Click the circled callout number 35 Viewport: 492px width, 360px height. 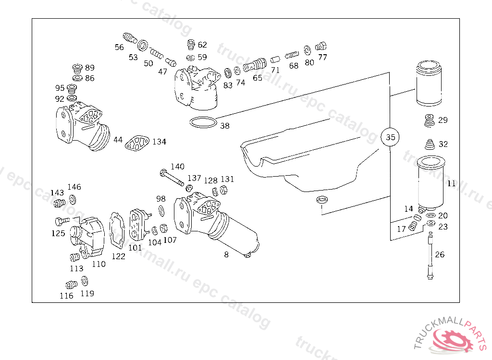pos(390,137)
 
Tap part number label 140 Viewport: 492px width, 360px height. pos(177,167)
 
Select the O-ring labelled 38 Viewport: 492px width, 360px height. pos(203,122)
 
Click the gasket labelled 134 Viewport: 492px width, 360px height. pos(137,144)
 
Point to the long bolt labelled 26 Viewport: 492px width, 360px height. pos(430,255)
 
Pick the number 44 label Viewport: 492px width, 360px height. pos(118,140)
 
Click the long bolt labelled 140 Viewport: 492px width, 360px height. pos(172,178)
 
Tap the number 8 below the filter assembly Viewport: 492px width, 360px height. pos(226,254)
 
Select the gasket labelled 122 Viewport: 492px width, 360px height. pos(117,230)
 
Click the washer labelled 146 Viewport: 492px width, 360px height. pos(73,199)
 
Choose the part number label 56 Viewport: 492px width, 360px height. pos(119,48)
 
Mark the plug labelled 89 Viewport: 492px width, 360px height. pos(77,68)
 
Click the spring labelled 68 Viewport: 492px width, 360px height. pos(292,56)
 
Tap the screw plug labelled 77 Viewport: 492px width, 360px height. pos(320,47)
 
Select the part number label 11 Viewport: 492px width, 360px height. pos(452,183)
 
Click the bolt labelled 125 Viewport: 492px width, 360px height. pos(62,221)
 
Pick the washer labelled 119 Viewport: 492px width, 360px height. pos(85,281)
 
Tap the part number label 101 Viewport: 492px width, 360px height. pos(135,248)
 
